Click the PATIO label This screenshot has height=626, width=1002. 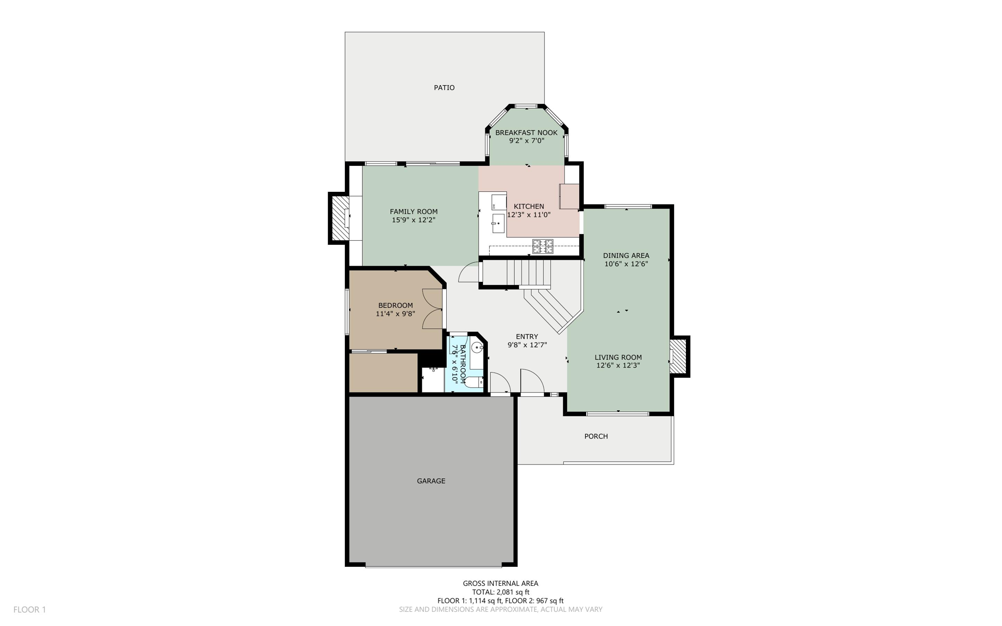[444, 88]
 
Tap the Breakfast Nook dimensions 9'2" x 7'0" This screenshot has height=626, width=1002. [526, 141]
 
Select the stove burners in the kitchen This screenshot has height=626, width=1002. [543, 247]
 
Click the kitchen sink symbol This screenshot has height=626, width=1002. [498, 224]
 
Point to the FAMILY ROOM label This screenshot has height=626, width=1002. [413, 211]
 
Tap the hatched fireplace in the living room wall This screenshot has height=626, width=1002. [678, 356]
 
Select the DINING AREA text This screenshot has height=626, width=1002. [626, 255]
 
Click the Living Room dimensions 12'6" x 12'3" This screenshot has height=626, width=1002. [618, 366]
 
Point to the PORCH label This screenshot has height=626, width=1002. [596, 436]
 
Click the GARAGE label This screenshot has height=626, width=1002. [431, 481]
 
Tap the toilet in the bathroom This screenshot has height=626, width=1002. [474, 382]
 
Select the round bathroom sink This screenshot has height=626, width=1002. [477, 347]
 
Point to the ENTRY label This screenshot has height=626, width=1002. [526, 337]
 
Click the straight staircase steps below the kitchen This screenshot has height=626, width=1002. [528, 273]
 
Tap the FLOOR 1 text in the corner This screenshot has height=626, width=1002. [29, 610]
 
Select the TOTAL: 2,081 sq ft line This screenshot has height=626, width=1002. [501, 592]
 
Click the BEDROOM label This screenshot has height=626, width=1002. [395, 305]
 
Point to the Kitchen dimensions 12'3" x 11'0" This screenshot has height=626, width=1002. [529, 214]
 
